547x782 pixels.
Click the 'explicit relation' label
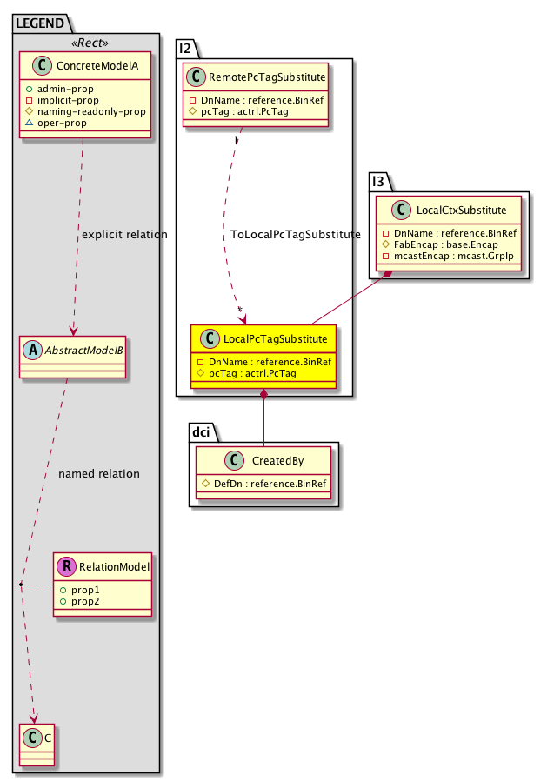(123, 235)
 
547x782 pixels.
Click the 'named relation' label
(98, 474)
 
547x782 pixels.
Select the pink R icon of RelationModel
(66, 568)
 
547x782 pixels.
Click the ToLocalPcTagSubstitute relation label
(295, 235)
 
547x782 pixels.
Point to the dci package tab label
(201, 431)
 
